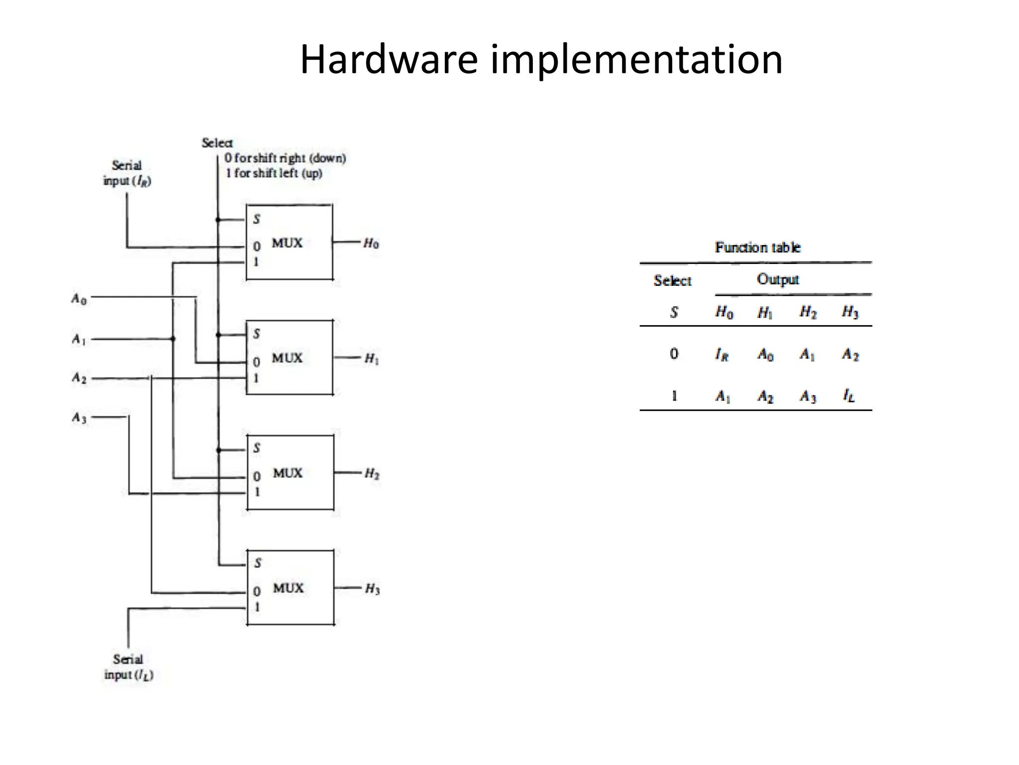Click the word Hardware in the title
point(389,60)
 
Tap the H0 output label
point(371,243)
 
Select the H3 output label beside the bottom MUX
point(372,589)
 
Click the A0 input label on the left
point(79,299)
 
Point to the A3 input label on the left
point(79,417)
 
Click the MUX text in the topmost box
point(287,243)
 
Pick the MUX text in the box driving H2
point(288,473)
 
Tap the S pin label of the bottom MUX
point(257,563)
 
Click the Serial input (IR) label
point(127,173)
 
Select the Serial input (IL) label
point(128,667)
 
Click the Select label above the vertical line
point(217,143)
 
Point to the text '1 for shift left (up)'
point(274,173)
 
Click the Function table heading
point(757,248)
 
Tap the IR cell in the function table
point(721,355)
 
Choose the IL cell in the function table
point(849,396)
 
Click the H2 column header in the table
point(808,312)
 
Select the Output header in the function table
point(778,279)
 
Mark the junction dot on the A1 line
point(173,339)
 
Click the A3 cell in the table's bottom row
point(808,396)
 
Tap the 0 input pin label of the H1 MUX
point(256,362)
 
